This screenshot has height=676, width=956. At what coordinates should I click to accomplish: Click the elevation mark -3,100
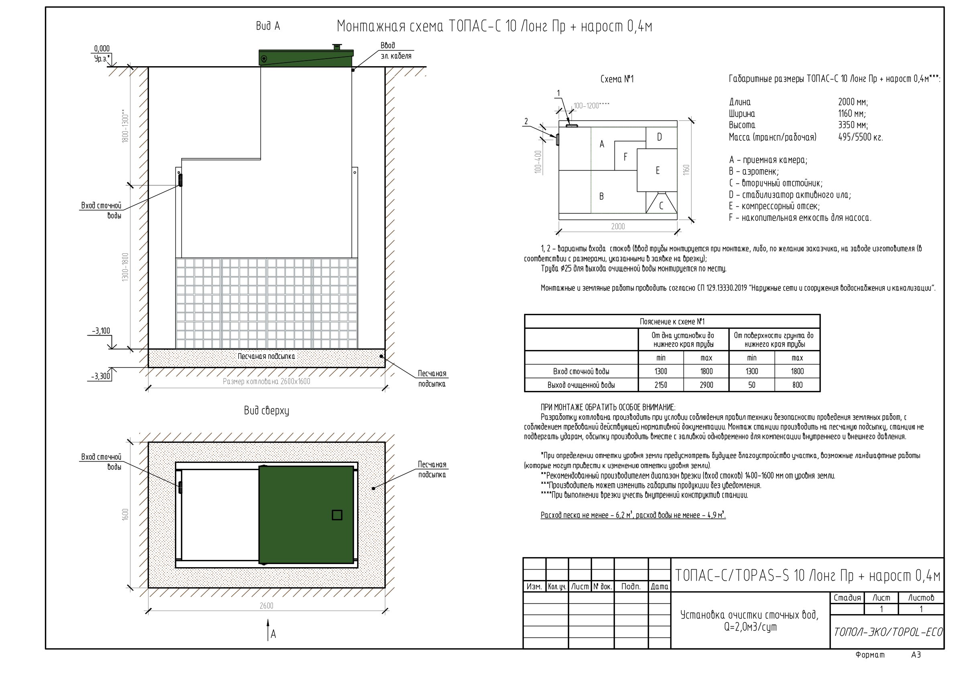point(101,331)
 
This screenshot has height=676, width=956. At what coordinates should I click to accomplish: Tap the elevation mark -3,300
point(101,377)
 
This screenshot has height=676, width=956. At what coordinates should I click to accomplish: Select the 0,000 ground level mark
point(102,49)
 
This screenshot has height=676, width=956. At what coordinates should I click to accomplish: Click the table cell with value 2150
point(661,385)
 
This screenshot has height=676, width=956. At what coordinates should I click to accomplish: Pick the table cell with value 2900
point(706,385)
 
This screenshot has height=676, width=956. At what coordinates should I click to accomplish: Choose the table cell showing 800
point(797,385)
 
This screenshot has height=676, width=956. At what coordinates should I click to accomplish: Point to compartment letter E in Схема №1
point(657,170)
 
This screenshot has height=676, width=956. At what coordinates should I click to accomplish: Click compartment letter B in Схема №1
point(601,196)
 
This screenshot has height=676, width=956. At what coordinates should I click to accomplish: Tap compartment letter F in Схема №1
point(625,157)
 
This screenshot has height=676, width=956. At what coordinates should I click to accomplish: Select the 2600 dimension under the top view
point(266,606)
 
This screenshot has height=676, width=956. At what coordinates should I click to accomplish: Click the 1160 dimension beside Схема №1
point(686,170)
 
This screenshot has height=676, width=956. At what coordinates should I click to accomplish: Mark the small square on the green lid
point(337,515)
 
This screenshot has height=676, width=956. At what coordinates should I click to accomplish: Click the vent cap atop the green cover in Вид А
point(336,47)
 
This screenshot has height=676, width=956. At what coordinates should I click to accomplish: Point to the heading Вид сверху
point(266,411)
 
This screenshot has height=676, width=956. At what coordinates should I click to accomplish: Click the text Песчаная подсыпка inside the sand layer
point(266,356)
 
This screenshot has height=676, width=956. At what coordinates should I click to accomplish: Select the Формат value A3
point(916,655)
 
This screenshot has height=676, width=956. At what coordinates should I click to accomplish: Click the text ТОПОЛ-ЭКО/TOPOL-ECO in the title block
point(888,632)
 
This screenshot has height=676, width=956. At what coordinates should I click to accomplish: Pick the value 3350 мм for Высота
point(853,125)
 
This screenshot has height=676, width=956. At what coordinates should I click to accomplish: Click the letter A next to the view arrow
point(273,634)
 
